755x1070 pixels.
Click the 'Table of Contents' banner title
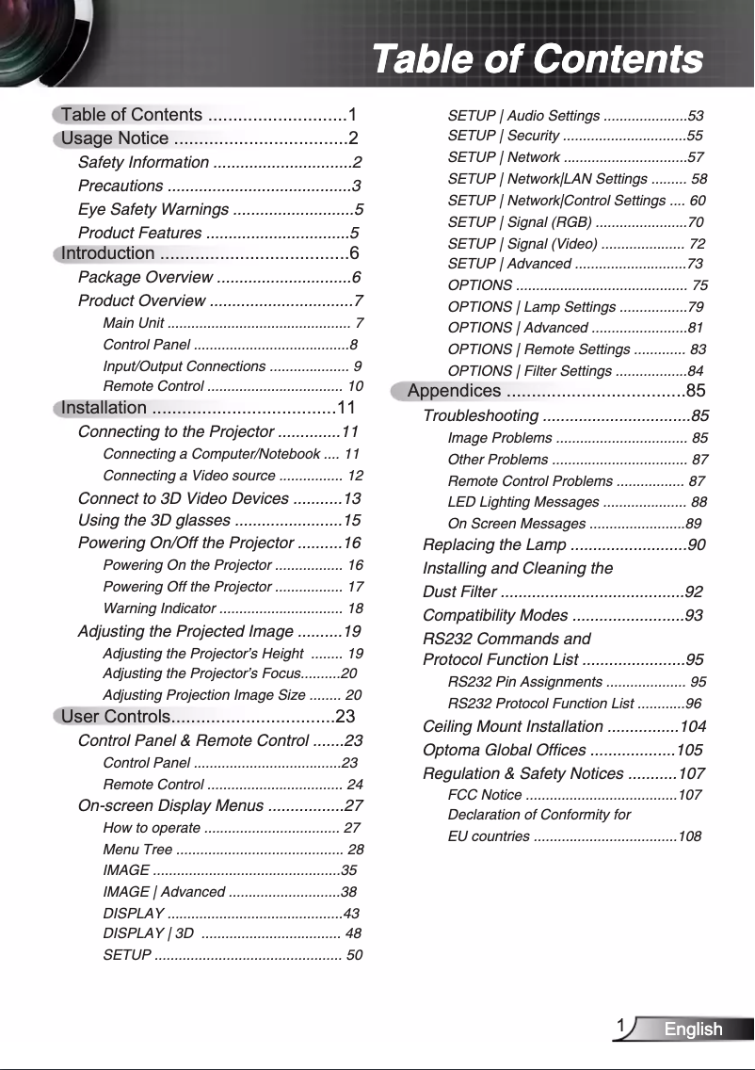coord(538,58)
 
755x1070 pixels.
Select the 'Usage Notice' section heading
coord(115,139)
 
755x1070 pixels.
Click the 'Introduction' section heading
coord(107,252)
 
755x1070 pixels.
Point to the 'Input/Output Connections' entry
coord(184,365)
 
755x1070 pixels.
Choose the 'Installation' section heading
coord(104,408)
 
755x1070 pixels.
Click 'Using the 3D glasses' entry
coord(153,521)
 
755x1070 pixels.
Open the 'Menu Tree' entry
coord(137,850)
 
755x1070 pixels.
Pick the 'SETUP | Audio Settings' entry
coord(523,116)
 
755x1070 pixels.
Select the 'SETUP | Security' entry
coord(504,137)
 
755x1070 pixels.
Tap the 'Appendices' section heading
coord(455,391)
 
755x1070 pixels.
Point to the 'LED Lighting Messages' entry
coord(523,502)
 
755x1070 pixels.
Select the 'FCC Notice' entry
coord(484,795)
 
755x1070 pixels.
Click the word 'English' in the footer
coord(693,1029)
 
